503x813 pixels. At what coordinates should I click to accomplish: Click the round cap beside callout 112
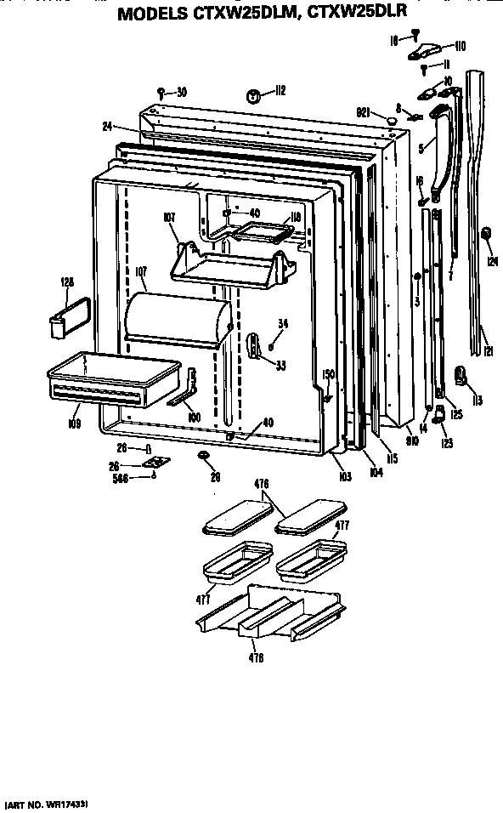(x=252, y=96)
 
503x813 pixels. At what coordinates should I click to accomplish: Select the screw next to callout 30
(x=161, y=91)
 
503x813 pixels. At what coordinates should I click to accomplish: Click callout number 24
(x=107, y=127)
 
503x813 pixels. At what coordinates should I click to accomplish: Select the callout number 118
(x=295, y=218)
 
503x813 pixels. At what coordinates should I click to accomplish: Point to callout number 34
(x=284, y=322)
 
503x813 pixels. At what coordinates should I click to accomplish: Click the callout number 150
(x=328, y=374)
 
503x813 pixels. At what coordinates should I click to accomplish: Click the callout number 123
(x=447, y=441)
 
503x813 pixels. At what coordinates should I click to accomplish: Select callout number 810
(x=412, y=441)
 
